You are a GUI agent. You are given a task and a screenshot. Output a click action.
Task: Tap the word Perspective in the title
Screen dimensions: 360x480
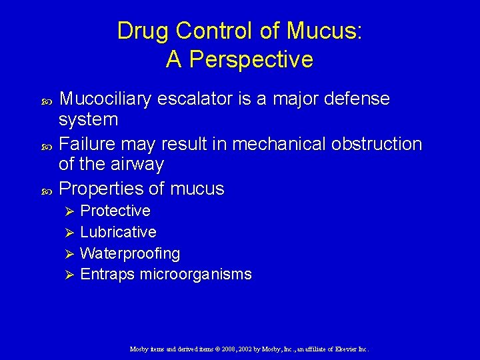(251, 60)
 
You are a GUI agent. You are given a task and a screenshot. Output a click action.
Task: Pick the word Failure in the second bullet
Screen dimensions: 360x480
(83, 144)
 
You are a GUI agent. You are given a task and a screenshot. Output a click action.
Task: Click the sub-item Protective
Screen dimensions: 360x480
(115, 211)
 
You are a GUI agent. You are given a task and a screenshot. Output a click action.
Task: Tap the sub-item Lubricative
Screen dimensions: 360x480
(118, 233)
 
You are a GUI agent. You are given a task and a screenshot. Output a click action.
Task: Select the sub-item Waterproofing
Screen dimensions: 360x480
(130, 254)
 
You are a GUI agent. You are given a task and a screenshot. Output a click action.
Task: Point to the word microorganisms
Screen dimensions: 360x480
(195, 275)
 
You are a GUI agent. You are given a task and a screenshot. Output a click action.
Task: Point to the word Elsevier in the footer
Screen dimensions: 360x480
(345, 349)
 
